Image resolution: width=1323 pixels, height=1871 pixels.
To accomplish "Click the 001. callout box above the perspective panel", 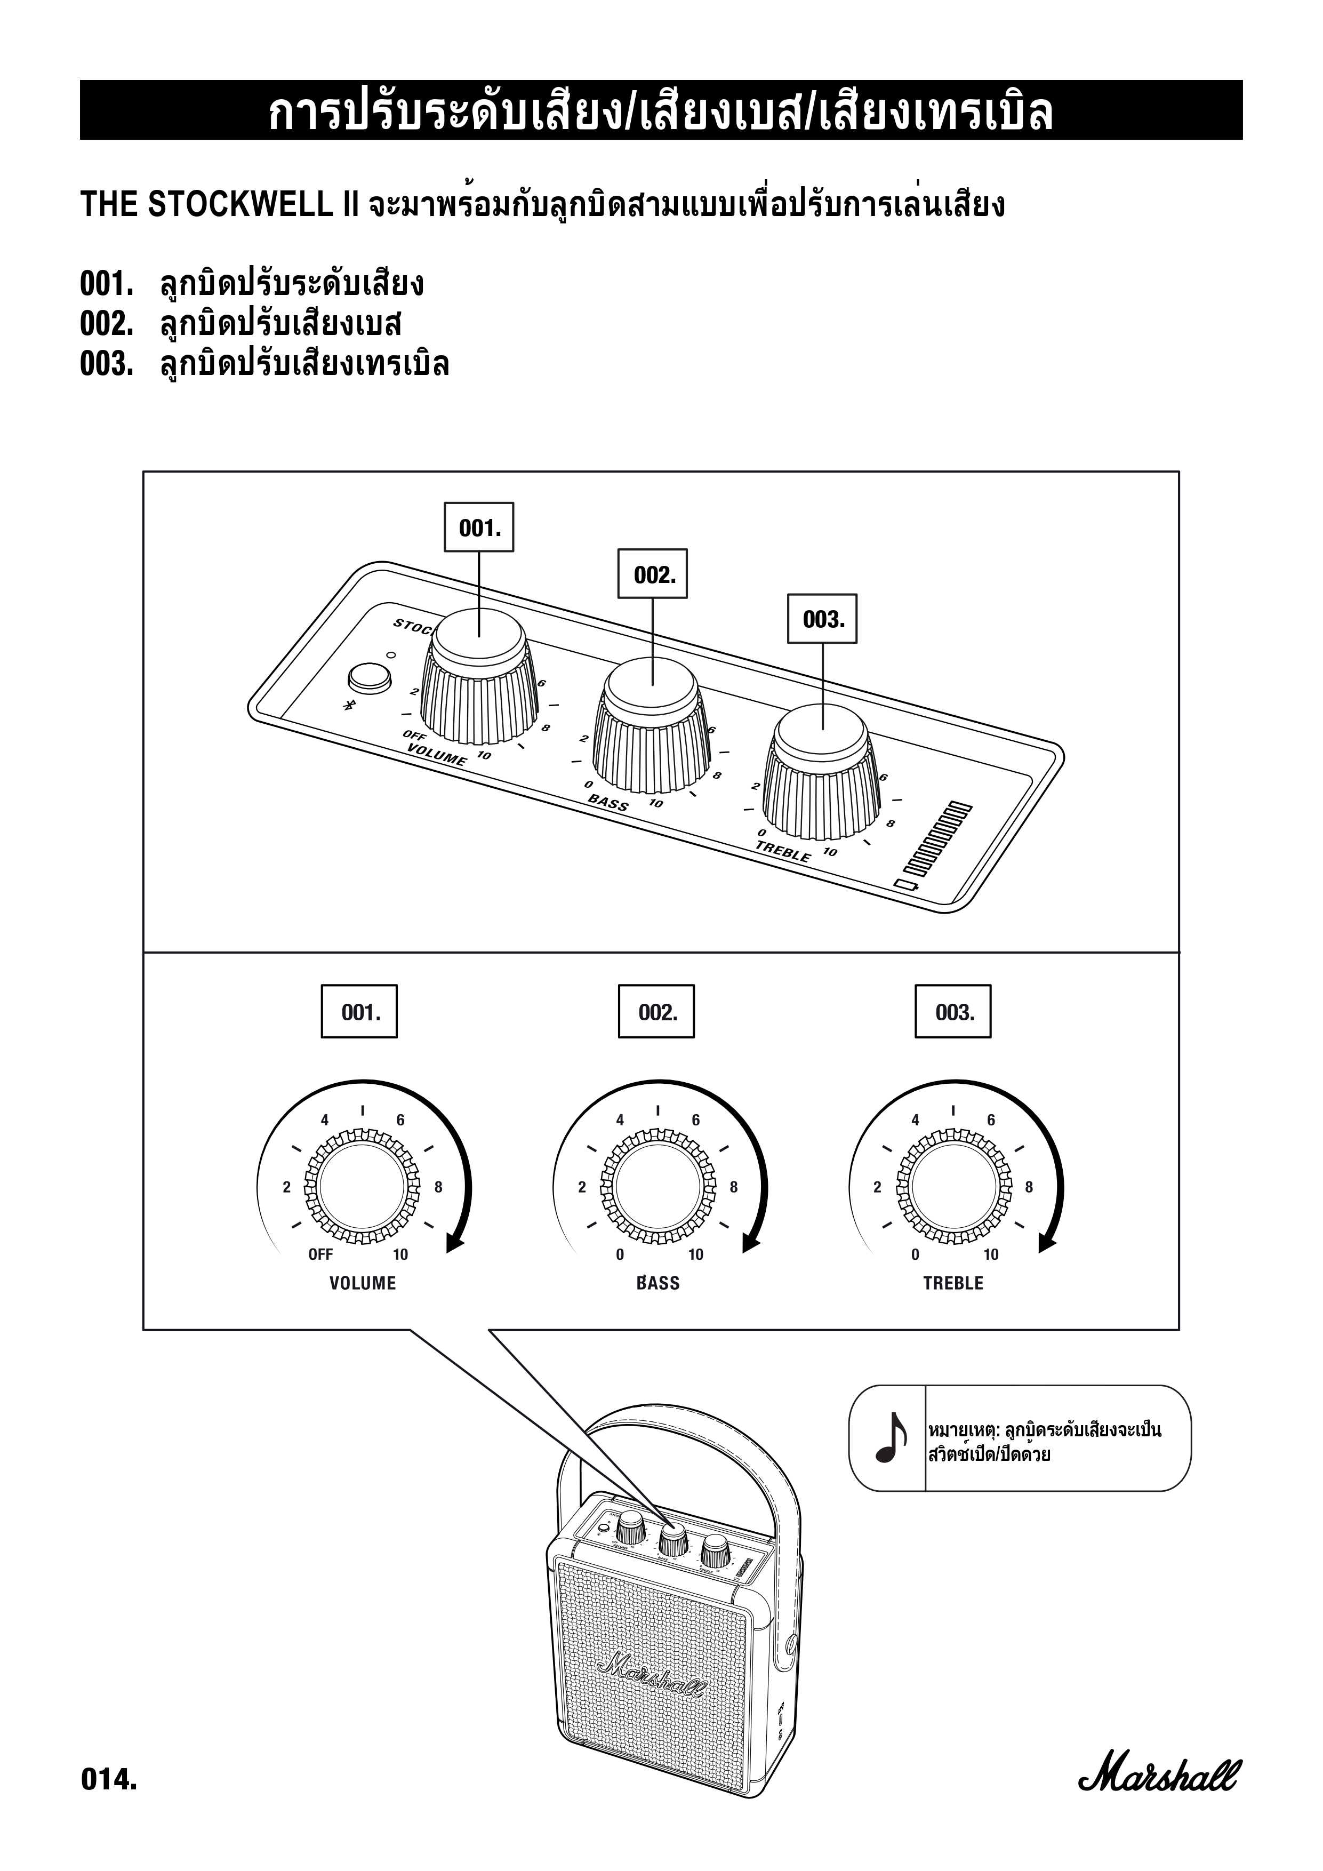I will click(x=479, y=527).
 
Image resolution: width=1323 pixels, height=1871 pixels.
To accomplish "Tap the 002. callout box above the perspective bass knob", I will click(x=653, y=574).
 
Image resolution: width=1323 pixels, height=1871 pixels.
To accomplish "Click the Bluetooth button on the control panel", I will click(x=368, y=677).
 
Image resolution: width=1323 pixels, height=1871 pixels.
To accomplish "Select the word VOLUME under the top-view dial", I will click(x=363, y=1283).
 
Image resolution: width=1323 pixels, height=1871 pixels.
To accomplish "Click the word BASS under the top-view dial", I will click(x=658, y=1283).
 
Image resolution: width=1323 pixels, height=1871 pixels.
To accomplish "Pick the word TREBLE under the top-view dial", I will click(x=953, y=1283).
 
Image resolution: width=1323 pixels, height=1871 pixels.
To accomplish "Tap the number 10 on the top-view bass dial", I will click(x=696, y=1255).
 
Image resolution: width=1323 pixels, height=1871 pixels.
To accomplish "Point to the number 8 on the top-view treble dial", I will click(x=1029, y=1187).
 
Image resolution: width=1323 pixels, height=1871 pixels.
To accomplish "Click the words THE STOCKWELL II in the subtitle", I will click(x=220, y=205).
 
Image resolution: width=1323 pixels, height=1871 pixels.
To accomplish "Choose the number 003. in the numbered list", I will click(x=106, y=364).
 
